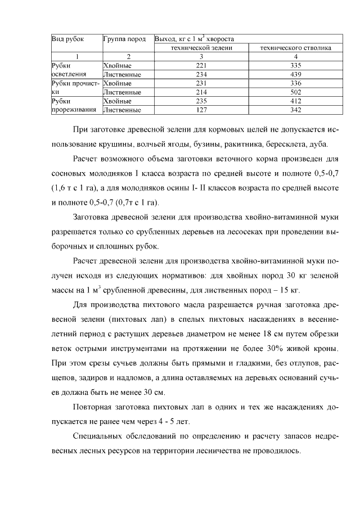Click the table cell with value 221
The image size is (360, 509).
coord(201,65)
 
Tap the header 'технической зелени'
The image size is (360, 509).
coord(201,48)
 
